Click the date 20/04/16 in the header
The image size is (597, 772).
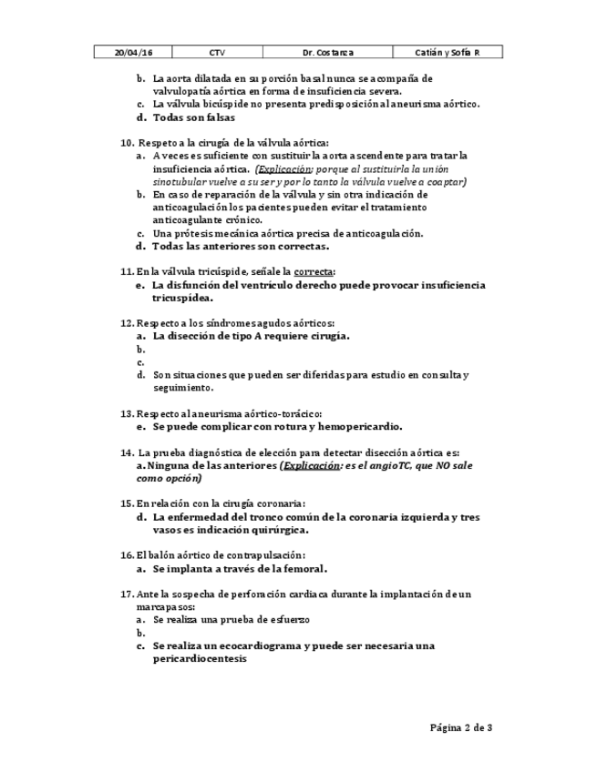[132, 54]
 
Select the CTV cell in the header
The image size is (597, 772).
[216, 54]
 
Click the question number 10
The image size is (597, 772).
[127, 143]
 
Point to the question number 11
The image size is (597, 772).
[127, 271]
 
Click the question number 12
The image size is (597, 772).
[127, 323]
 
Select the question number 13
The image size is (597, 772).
[127, 413]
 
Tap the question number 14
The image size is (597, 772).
[127, 452]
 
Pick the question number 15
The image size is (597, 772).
[127, 503]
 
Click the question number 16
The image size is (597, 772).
[127, 555]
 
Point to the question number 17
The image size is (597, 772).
[127, 594]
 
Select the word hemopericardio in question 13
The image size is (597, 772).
[356, 426]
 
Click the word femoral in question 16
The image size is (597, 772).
[301, 568]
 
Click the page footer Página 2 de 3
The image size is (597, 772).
[461, 727]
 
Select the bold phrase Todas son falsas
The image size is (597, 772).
[193, 117]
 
